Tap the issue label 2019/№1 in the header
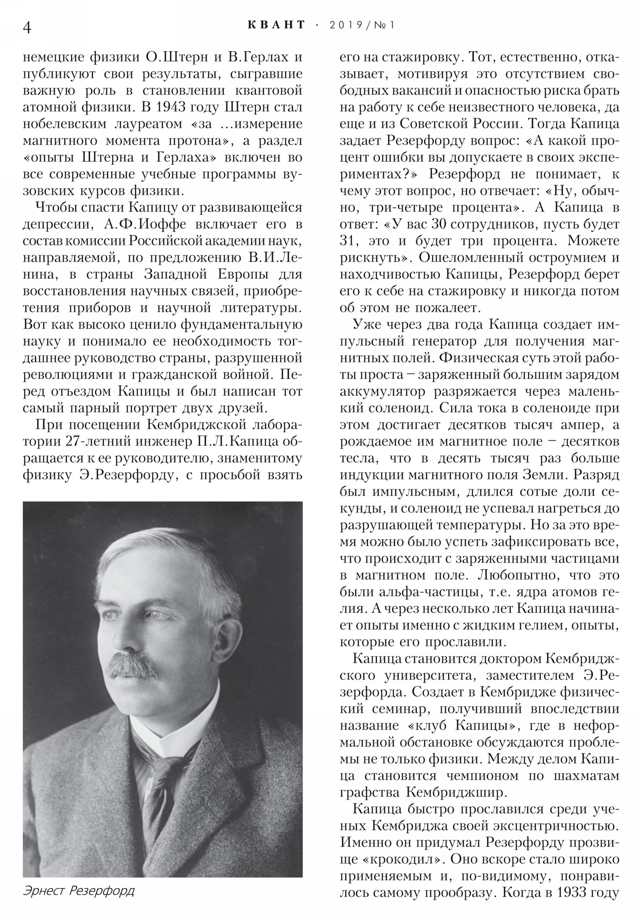coord(362,25)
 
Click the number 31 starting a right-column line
coord(348,241)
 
